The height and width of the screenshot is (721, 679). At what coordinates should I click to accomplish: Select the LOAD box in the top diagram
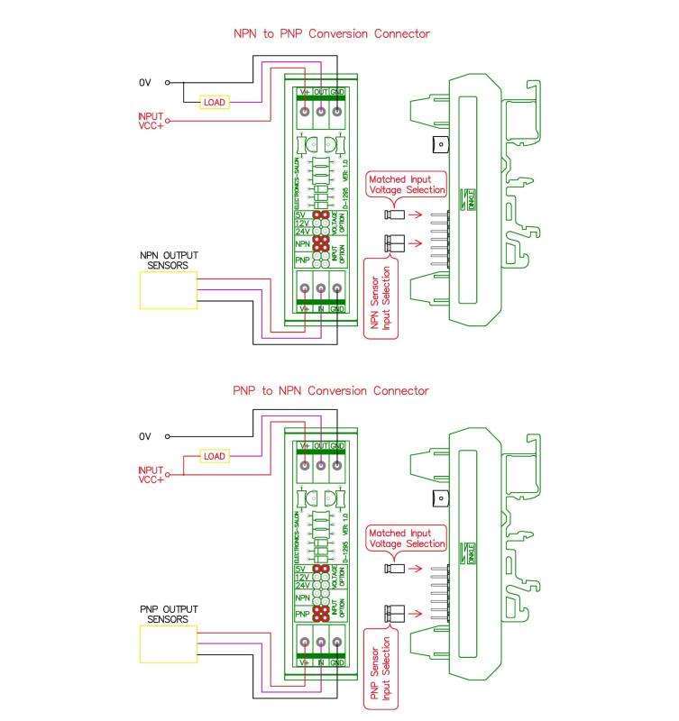pyautogui.click(x=215, y=103)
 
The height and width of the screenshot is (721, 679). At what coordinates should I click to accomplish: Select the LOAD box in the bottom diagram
pyautogui.click(x=215, y=457)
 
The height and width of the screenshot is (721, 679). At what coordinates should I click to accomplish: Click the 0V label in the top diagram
pyautogui.click(x=144, y=82)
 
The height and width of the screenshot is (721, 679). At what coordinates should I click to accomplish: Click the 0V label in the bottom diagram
pyautogui.click(x=144, y=436)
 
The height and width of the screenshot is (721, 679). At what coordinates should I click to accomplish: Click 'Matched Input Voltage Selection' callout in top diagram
pyautogui.click(x=406, y=185)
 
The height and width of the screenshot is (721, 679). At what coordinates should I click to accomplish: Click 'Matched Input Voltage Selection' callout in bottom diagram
pyautogui.click(x=406, y=539)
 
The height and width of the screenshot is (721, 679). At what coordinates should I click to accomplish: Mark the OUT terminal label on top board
pyautogui.click(x=321, y=92)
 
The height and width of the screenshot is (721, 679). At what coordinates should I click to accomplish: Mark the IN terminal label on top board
pyautogui.click(x=321, y=308)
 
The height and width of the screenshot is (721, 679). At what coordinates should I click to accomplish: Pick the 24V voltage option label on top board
pyautogui.click(x=302, y=231)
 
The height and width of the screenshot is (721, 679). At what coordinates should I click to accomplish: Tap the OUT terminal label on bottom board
pyautogui.click(x=321, y=446)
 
